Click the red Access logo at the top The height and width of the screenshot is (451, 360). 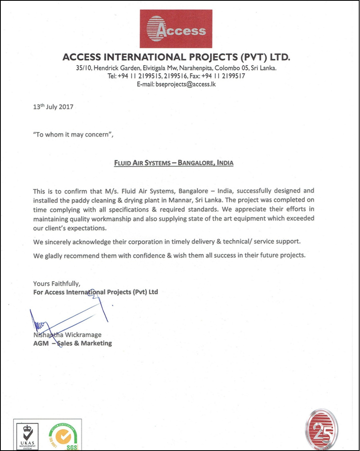tap(176, 29)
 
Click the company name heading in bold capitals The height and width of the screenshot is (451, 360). tap(176, 57)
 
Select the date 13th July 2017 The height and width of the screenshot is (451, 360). tap(53, 107)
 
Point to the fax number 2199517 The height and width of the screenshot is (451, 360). tap(233, 76)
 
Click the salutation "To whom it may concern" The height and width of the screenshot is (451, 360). tap(73, 135)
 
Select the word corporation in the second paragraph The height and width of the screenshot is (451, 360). tap(138, 243)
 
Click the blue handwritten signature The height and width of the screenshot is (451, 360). tap(68, 316)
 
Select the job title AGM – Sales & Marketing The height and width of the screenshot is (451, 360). tap(73, 343)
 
